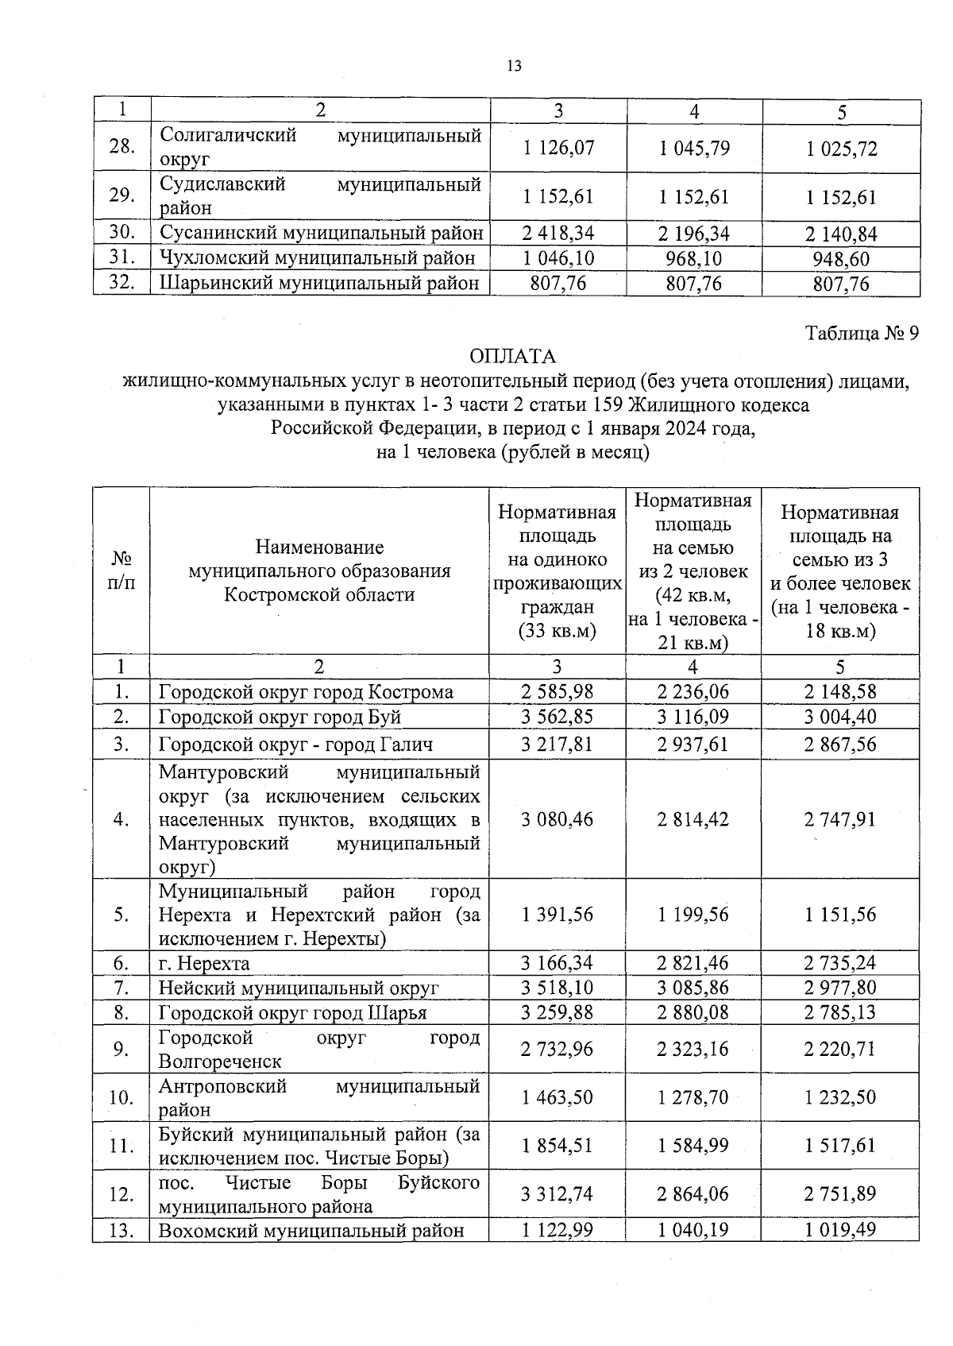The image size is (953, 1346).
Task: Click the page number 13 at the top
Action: tap(514, 67)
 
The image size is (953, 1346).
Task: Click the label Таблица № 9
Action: tap(862, 333)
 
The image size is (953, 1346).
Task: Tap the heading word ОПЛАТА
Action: tap(513, 356)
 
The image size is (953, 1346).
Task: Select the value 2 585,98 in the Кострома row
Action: tap(557, 691)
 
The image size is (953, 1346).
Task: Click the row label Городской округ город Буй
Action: tap(280, 717)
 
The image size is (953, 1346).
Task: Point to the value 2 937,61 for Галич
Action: tap(693, 745)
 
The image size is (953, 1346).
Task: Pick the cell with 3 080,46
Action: tap(557, 819)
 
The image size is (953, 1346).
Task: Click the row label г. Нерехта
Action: tap(204, 964)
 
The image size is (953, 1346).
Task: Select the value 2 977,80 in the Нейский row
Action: tap(839, 988)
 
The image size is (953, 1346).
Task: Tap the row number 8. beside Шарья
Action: tap(121, 1013)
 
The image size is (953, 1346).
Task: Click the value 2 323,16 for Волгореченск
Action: tap(693, 1050)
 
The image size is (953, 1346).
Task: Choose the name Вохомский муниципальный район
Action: tap(311, 1231)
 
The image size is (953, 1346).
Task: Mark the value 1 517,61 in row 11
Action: tap(839, 1146)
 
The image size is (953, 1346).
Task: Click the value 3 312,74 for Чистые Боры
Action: tap(557, 1194)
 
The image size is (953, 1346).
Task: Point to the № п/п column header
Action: tap(121, 571)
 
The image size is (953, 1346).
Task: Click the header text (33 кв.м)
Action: tap(557, 631)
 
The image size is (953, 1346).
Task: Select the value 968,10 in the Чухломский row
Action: tap(693, 259)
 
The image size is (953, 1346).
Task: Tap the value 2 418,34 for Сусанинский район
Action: tap(558, 234)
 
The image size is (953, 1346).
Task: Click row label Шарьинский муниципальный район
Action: tap(319, 284)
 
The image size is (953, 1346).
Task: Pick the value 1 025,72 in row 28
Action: tap(841, 149)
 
